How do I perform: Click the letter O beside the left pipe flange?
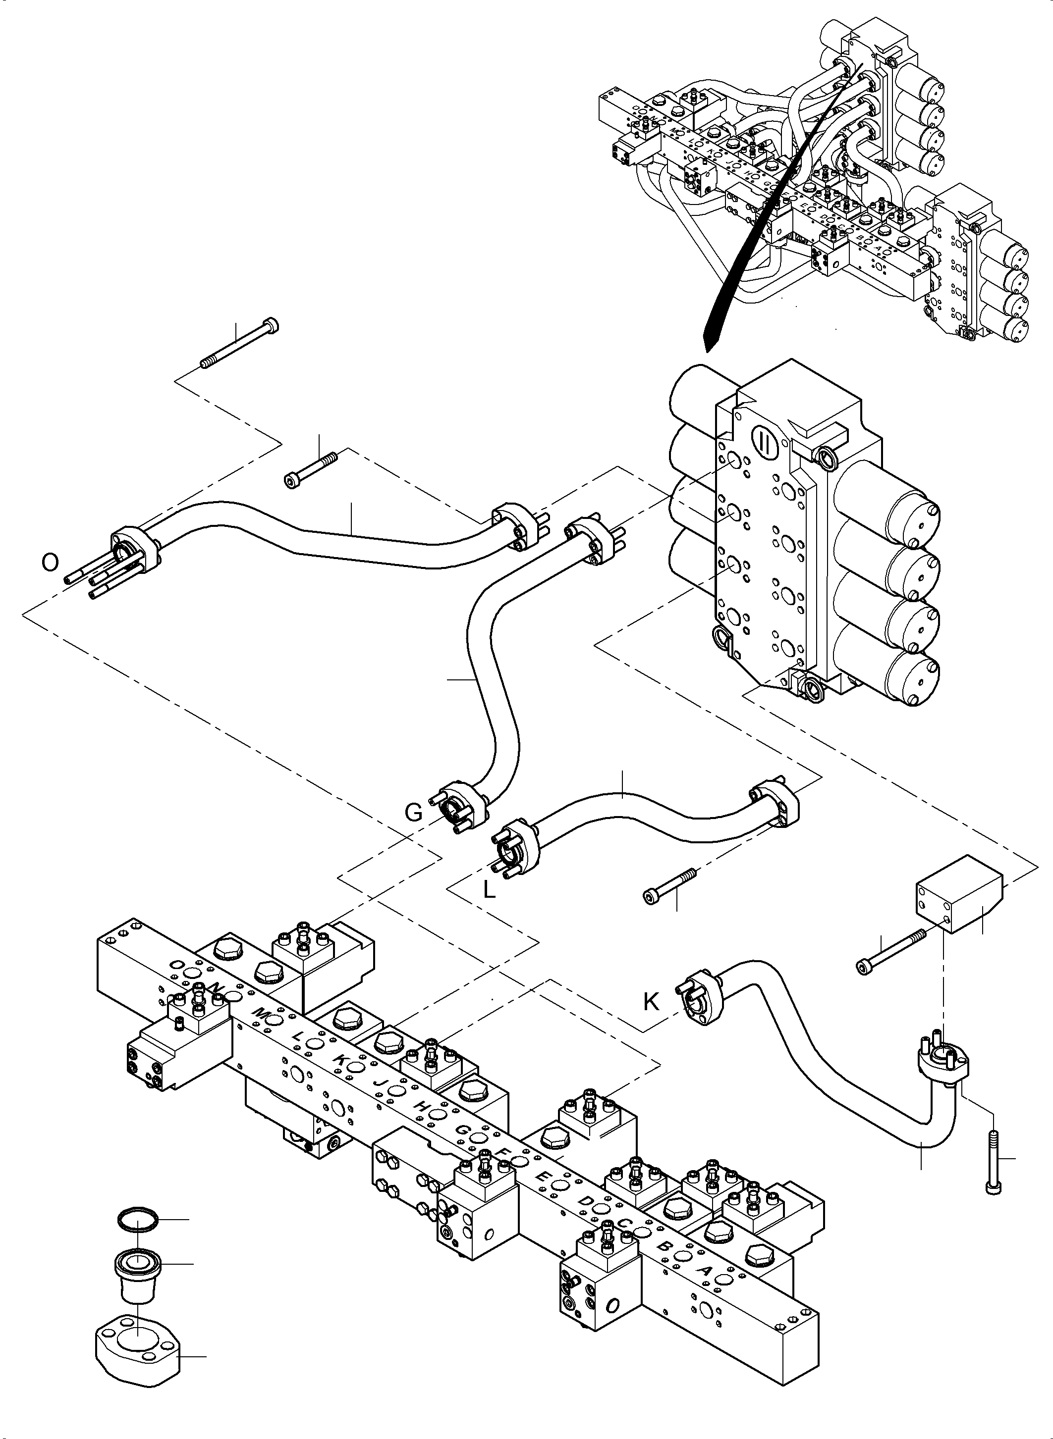(x=50, y=563)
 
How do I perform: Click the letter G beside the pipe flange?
(x=414, y=812)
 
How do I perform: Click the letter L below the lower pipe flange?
(x=489, y=889)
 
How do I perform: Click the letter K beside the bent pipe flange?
(x=651, y=1002)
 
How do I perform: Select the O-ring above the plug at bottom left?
(x=137, y=1219)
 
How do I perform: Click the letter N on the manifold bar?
(x=217, y=987)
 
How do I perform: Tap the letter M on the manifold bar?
(x=260, y=1013)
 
